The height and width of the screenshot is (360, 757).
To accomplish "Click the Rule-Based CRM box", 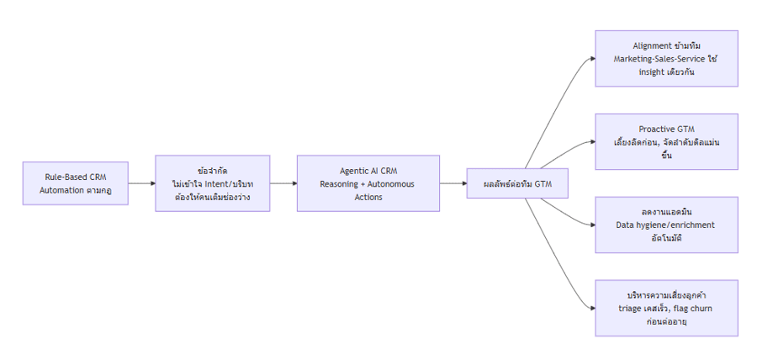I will coord(75,183).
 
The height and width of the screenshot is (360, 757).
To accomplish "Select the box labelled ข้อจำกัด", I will coord(212,183).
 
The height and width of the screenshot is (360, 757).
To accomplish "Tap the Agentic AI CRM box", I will coord(368,183).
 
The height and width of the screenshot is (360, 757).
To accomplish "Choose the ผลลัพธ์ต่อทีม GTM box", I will coord(516,183).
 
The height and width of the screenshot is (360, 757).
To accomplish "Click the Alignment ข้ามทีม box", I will coord(666,58).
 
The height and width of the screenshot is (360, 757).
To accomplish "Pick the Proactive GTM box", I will coord(666,141).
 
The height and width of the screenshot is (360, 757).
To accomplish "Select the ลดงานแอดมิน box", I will coord(666,225).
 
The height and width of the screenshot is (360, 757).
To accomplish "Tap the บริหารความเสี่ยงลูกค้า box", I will coord(666,308).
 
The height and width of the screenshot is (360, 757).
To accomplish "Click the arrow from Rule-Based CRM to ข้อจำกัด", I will coord(141,183).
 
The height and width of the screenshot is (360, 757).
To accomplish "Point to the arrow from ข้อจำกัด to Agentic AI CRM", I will coord(283,183).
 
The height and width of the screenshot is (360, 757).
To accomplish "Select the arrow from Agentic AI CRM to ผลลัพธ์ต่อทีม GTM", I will coord(453,183).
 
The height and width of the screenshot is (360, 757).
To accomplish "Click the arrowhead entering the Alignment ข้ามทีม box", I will coord(590,58).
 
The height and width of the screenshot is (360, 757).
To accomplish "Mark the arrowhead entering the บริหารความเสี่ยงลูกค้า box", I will coord(590,308).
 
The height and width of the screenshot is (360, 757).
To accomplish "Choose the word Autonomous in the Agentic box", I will coord(393,183).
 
